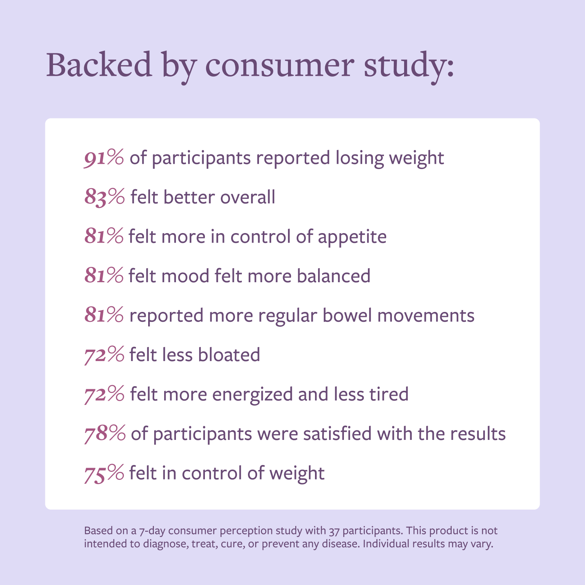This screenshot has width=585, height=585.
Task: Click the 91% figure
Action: point(104,158)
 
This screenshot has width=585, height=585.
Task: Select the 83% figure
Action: point(105,197)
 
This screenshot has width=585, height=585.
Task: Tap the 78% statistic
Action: point(105,434)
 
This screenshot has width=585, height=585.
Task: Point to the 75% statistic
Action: point(104,473)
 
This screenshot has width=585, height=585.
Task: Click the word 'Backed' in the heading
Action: point(99,65)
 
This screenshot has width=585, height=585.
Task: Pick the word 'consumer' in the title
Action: point(280,67)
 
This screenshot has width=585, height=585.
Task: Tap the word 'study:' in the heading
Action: point(409,67)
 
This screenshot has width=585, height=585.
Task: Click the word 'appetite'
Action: point(352,237)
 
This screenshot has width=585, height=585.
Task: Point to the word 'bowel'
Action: point(347,315)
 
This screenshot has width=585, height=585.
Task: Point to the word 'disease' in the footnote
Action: point(341,543)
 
